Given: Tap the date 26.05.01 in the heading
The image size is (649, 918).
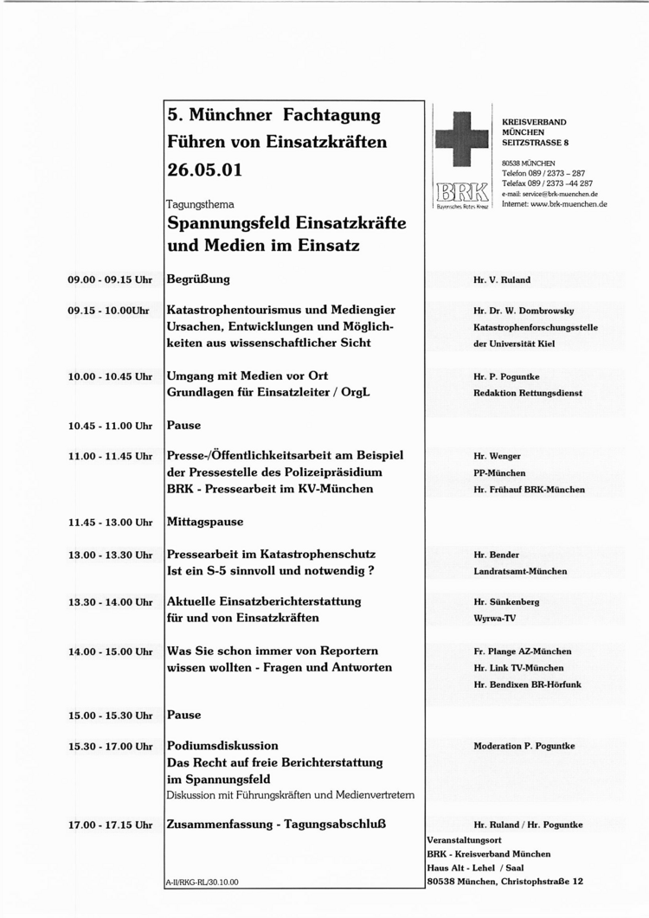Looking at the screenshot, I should (204, 170).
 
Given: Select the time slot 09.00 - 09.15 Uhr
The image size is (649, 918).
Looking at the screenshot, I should (110, 280).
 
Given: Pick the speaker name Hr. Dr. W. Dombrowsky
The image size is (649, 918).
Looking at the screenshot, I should (524, 311).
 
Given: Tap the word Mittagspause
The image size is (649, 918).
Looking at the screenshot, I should (204, 522).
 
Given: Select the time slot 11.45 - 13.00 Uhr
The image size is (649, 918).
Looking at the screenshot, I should (110, 523).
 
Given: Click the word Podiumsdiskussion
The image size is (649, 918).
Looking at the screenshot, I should (222, 745).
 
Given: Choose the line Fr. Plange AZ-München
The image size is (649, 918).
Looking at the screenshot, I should (522, 652).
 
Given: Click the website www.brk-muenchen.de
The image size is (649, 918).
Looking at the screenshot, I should (568, 204).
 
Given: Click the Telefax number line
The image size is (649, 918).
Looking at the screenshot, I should (547, 183).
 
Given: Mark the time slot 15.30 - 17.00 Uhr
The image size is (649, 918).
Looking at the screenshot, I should (110, 746).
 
